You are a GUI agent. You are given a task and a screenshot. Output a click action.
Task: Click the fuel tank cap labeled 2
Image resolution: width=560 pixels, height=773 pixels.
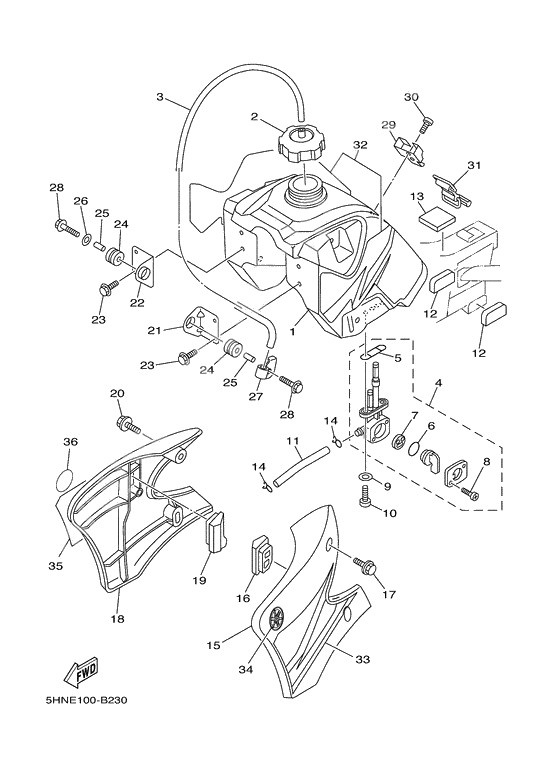point(299,146)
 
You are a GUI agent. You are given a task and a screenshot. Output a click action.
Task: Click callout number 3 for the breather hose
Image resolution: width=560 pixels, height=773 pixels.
point(161,97)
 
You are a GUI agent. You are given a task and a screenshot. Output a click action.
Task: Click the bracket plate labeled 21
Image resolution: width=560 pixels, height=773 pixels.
point(199,322)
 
